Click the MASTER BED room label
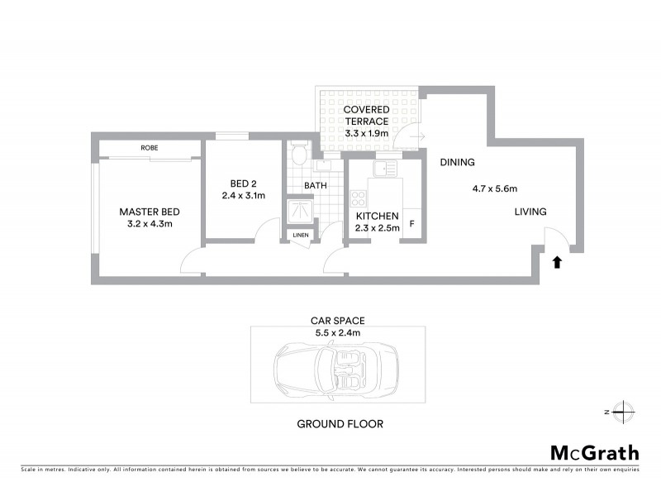150,210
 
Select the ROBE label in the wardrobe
150,147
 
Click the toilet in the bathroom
300,154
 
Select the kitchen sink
383,169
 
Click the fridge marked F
411,223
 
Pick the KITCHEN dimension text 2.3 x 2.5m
377,228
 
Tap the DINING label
456,162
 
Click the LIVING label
530,212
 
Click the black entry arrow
557,262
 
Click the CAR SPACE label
337,320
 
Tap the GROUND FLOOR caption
340,424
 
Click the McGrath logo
594,452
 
